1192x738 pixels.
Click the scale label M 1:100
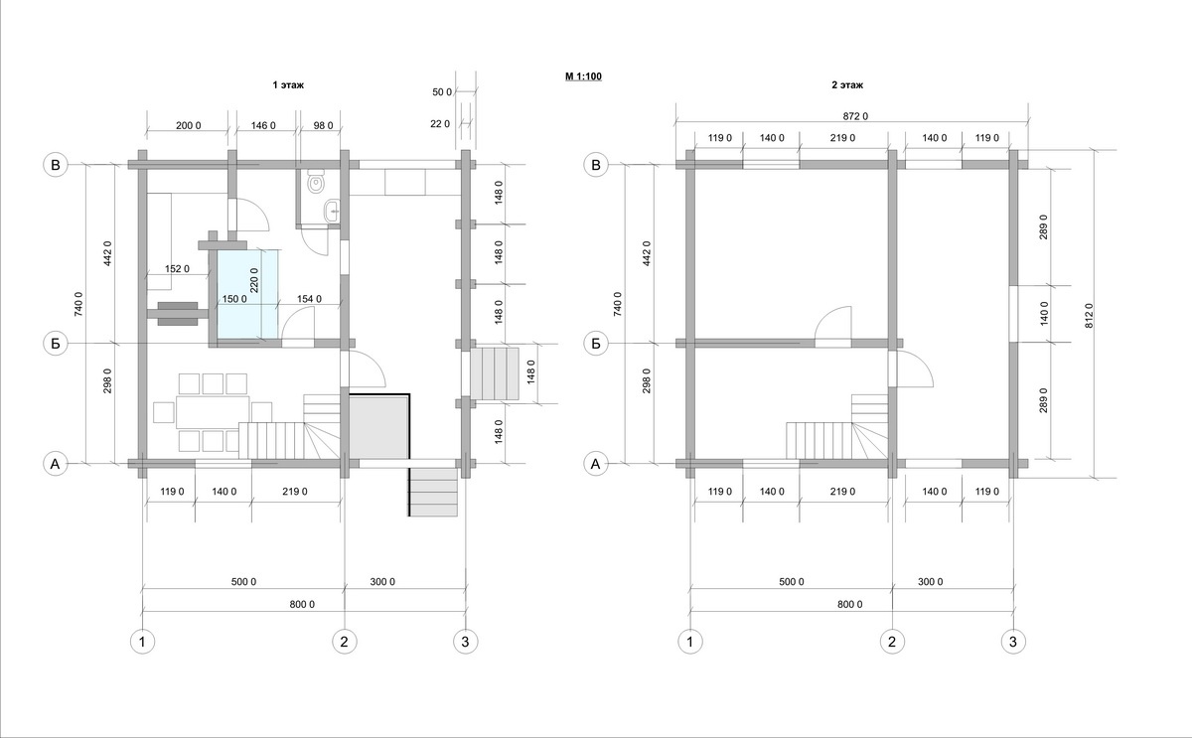click(583, 76)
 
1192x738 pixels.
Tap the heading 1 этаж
click(288, 85)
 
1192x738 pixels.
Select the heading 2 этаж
click(847, 85)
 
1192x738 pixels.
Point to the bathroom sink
click(333, 212)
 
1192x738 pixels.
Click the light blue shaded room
click(247, 294)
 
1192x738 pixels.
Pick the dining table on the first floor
click(213, 412)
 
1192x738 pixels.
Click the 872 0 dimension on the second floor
click(855, 116)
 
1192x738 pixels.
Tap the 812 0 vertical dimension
click(1090, 316)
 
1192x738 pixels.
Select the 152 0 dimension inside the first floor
click(177, 269)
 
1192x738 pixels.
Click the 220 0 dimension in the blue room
click(254, 280)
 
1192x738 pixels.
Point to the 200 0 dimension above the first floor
click(189, 125)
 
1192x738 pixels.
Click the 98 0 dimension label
click(323, 125)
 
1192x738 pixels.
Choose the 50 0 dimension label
click(442, 92)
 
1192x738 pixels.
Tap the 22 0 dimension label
click(440, 124)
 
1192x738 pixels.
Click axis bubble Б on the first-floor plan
click(56, 344)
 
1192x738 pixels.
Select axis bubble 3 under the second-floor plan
click(1012, 642)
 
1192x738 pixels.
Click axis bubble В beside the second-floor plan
click(595, 165)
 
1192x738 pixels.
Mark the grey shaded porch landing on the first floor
click(378, 427)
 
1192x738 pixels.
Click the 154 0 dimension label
click(309, 299)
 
